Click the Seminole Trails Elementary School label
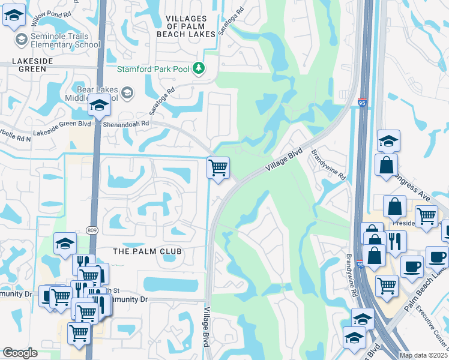point(65,40)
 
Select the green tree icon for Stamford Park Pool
point(199,68)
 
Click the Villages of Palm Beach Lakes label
point(185,27)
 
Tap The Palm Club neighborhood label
point(148,250)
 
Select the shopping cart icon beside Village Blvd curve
point(218,167)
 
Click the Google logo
point(20,353)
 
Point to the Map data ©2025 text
point(423,355)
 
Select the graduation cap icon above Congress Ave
point(388,142)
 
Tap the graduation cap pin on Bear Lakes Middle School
point(99,107)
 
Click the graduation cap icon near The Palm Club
point(65,244)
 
